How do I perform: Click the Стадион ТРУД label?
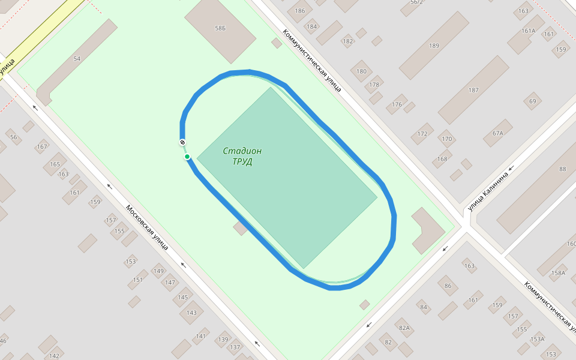(x=242, y=156)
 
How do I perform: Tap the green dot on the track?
(x=187, y=157)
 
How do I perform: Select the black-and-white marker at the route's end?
(x=182, y=142)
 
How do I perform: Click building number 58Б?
(x=220, y=28)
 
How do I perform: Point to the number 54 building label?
(x=77, y=58)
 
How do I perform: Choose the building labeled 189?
(x=434, y=46)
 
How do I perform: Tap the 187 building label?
(x=473, y=90)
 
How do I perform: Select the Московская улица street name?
(x=146, y=227)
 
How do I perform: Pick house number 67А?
(x=497, y=133)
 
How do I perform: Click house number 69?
(x=532, y=101)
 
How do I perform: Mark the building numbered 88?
(x=562, y=169)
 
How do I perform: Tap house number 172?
(x=422, y=133)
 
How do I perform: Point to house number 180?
(x=361, y=71)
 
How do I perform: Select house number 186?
(x=300, y=11)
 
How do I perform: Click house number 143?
(x=191, y=313)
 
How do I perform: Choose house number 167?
(x=42, y=146)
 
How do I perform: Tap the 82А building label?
(x=404, y=328)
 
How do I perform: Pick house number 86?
(x=448, y=286)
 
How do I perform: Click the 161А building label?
(x=528, y=31)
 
